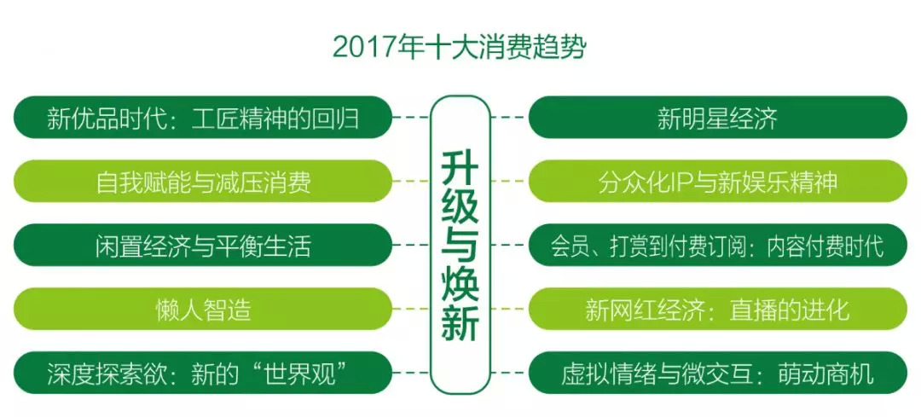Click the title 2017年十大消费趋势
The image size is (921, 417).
[x=460, y=48]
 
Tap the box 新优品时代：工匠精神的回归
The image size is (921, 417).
[x=203, y=118]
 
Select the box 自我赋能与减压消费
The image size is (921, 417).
[x=203, y=182]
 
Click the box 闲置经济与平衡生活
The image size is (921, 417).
[x=203, y=246]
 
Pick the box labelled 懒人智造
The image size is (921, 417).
[x=203, y=309]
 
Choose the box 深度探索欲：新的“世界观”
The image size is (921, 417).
[x=203, y=373]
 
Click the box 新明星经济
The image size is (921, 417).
[x=718, y=118]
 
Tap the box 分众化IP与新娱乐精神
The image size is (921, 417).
[x=718, y=182]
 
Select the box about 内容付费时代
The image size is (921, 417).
[x=718, y=246]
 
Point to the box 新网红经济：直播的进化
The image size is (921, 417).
[x=718, y=309]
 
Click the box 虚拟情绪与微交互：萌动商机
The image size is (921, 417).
[x=718, y=373]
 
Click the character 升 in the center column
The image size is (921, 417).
[x=460, y=169]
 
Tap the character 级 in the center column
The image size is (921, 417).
[x=460, y=207]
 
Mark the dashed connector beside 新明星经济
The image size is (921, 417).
[x=509, y=118]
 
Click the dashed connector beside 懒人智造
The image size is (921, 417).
[x=411, y=309]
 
